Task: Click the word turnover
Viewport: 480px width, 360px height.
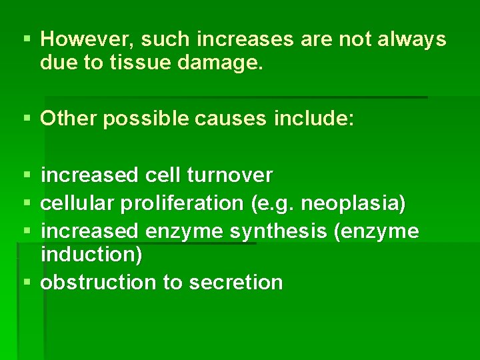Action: [x=230, y=175]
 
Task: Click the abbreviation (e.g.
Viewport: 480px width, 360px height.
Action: [x=273, y=203]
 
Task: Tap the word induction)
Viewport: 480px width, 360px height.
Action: [x=91, y=254]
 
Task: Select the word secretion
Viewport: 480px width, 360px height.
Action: [x=236, y=282]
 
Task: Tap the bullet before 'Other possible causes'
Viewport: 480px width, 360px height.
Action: [x=26, y=119]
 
